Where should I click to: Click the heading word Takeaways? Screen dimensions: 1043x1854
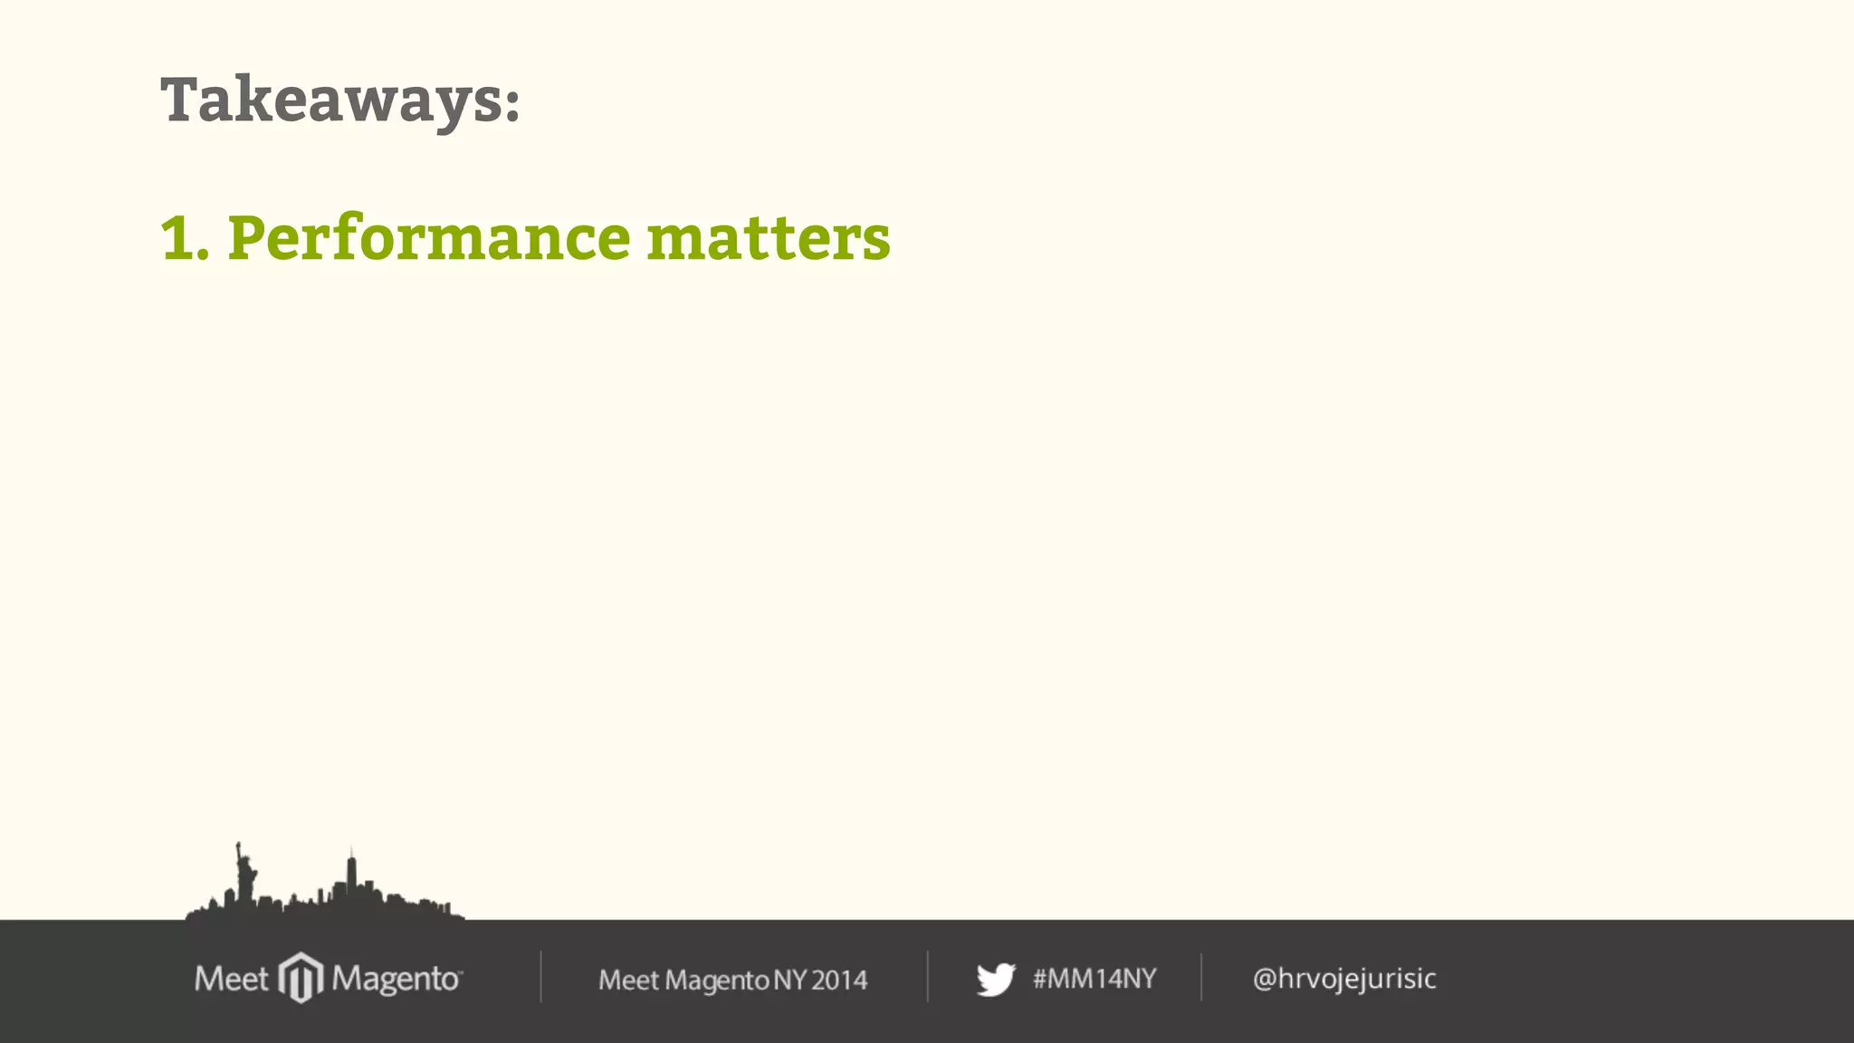click(x=330, y=100)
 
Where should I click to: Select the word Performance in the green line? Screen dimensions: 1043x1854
click(x=429, y=238)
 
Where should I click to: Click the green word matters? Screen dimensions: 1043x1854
click(x=769, y=238)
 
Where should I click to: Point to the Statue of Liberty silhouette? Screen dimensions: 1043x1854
click(x=244, y=873)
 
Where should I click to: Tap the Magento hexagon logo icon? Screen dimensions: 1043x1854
click(x=301, y=978)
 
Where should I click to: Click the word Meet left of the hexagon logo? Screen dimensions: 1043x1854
click(x=231, y=979)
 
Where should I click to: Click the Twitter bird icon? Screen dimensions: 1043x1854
click(x=996, y=980)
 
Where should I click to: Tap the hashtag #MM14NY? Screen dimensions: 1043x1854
click(x=1094, y=979)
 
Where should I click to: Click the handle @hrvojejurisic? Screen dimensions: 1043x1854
click(x=1344, y=979)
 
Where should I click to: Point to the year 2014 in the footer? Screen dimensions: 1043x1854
click(x=839, y=980)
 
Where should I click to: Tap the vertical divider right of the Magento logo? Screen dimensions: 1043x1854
click(x=541, y=976)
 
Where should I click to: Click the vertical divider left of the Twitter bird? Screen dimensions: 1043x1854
click(x=928, y=976)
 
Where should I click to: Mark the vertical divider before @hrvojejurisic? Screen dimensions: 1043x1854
click(x=1201, y=976)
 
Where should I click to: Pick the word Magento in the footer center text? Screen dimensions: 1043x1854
click(x=717, y=981)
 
